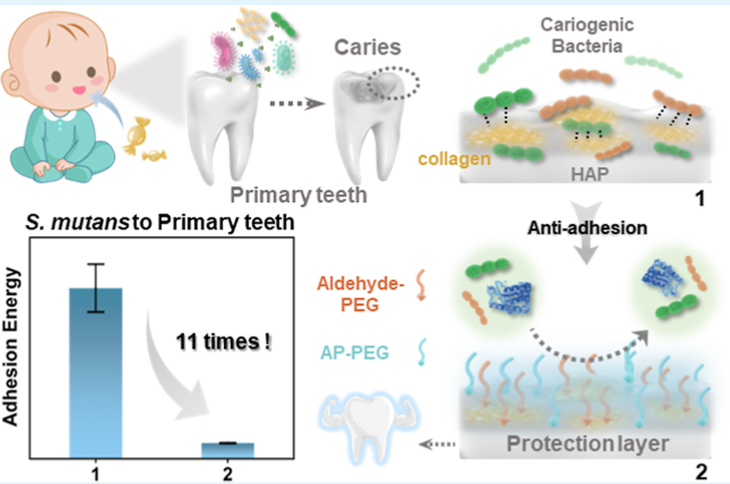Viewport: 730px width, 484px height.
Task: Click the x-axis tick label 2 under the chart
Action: click(227, 470)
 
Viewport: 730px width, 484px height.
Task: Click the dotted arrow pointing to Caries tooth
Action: click(296, 105)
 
